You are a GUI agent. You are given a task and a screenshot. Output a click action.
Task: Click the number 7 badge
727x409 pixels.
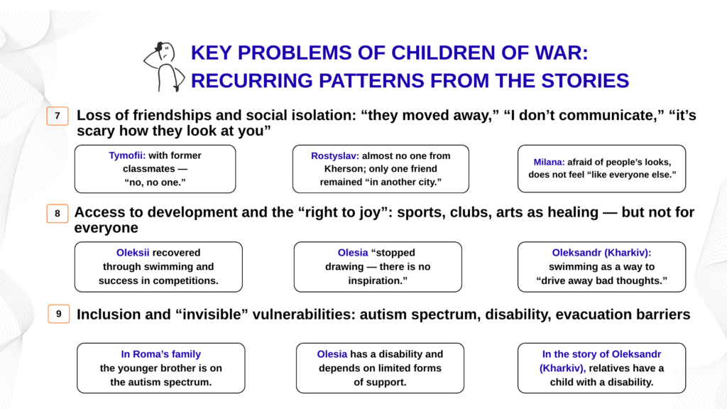click(58, 116)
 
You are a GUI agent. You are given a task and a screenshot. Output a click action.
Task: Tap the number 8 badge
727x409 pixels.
click(58, 213)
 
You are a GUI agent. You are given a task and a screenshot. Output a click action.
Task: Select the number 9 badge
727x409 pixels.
click(59, 314)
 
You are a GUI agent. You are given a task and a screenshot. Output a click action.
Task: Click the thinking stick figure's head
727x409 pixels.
click(165, 51)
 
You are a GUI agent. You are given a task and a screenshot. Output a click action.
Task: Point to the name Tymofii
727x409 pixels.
click(127, 156)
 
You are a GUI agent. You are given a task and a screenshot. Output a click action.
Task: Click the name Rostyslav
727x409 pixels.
click(335, 156)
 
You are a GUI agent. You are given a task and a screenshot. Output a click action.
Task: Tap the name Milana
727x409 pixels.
click(549, 162)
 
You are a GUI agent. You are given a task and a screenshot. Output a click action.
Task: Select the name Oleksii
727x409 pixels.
click(133, 253)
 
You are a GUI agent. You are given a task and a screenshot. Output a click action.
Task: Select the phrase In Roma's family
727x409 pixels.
click(161, 354)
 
